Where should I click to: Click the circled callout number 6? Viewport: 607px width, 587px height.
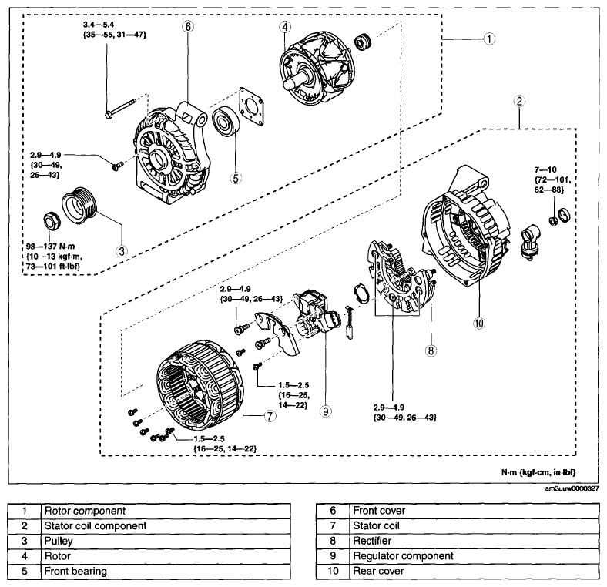coord(188,26)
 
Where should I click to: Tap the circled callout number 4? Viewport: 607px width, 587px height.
coord(285,27)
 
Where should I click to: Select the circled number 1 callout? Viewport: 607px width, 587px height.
coord(489,39)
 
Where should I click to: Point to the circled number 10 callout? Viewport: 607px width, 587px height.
coord(479,323)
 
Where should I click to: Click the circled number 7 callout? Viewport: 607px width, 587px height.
coord(270,416)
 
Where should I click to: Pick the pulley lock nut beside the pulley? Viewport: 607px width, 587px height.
coord(51,221)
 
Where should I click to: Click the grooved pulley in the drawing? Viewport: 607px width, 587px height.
coord(81,206)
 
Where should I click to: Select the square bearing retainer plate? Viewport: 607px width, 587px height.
coord(252,106)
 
